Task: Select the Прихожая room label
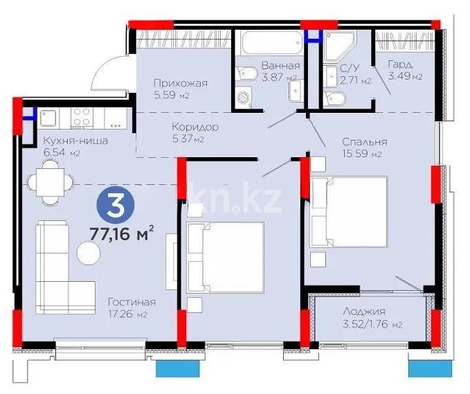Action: click(180, 84)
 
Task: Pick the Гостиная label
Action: click(131, 303)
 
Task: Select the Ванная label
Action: click(280, 66)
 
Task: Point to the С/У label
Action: click(349, 69)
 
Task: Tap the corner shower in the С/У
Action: click(339, 44)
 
